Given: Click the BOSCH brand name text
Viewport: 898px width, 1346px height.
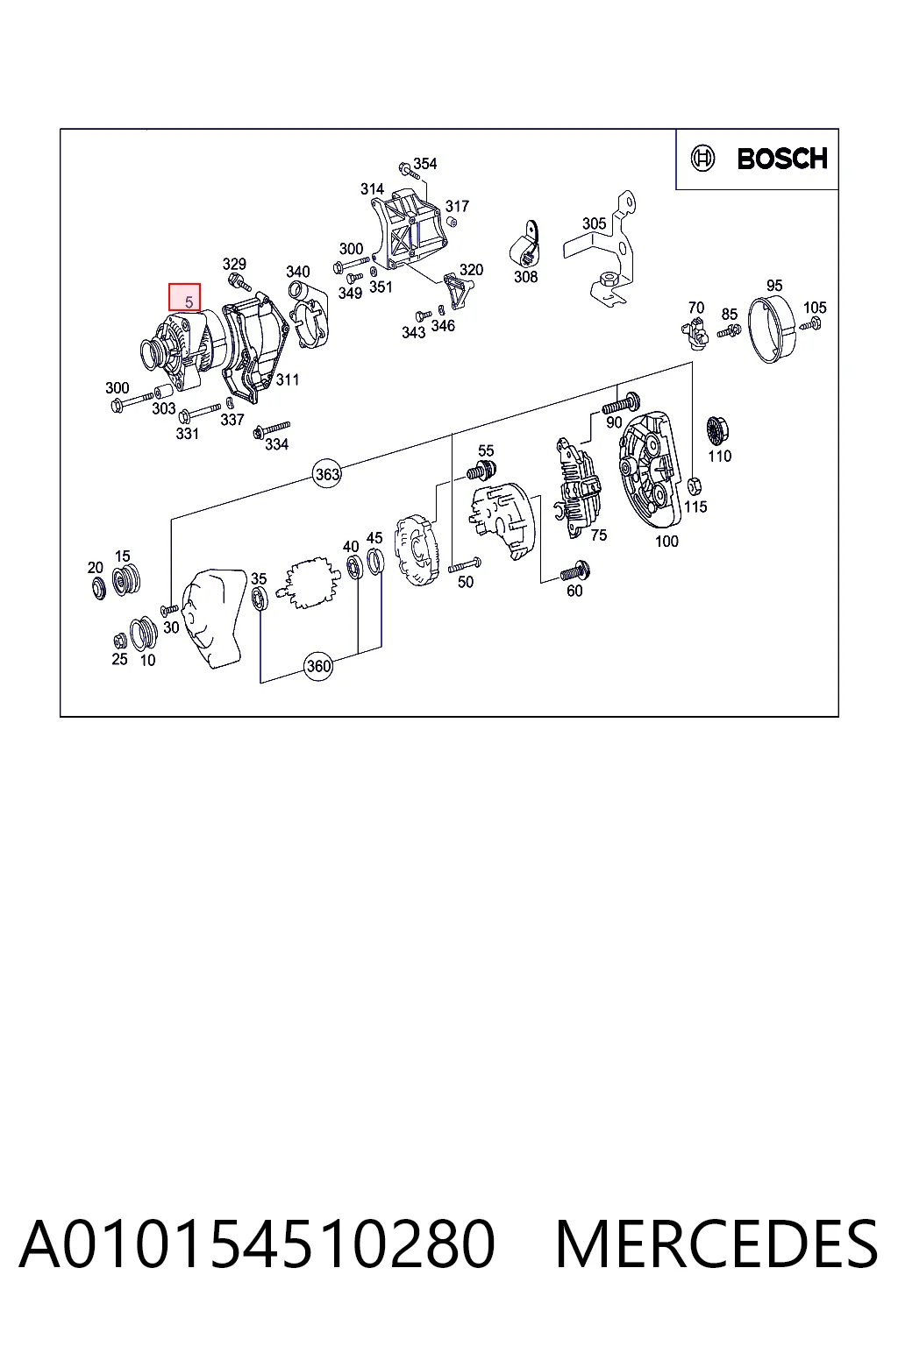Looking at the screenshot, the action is point(782,159).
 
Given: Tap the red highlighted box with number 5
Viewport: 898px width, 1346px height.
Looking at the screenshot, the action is point(184,297).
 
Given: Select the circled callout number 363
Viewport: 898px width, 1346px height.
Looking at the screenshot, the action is point(327,474).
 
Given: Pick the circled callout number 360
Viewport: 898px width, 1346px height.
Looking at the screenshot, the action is point(318,666).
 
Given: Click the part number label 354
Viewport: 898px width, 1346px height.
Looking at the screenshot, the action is point(424,164).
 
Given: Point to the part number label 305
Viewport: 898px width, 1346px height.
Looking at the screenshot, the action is point(594,223).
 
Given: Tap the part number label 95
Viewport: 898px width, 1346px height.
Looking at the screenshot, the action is point(774,286).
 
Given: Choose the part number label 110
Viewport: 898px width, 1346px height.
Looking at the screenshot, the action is point(719,456).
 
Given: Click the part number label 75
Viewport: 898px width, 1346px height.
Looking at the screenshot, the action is point(598,535).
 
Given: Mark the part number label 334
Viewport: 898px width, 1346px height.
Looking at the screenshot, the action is point(276,444).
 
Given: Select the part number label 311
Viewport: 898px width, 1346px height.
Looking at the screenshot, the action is point(288,379).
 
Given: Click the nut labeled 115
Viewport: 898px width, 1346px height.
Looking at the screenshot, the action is point(694,485).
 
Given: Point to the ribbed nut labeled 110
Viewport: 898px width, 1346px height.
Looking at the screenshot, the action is point(715,430).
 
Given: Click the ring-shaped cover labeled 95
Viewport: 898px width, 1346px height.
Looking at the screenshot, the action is point(772,329).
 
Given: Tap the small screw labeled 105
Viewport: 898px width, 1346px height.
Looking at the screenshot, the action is point(811,324).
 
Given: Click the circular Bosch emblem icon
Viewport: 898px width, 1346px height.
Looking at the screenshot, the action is point(702,159).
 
